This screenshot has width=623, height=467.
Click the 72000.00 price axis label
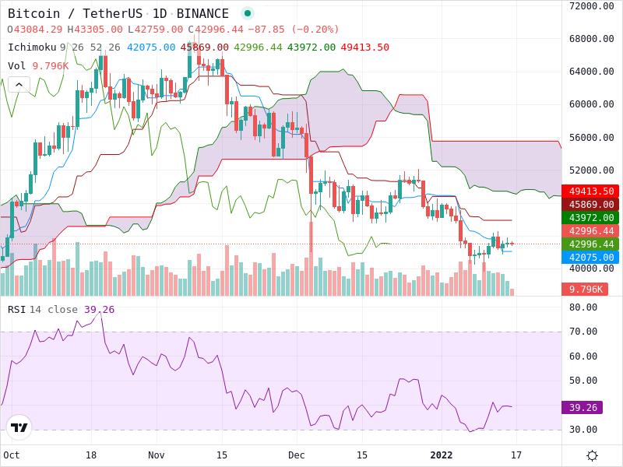(592, 6)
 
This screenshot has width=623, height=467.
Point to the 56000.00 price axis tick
(592, 138)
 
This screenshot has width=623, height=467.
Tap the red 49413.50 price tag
(591, 191)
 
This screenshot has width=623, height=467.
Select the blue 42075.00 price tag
(591, 258)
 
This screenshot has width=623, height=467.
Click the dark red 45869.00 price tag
(591, 205)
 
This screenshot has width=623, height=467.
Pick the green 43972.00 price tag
(591, 218)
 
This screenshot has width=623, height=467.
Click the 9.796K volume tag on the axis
(585, 290)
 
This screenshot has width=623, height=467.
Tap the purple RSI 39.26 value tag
(582, 407)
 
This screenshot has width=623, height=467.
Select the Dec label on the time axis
(297, 455)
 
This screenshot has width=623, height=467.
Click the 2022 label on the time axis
(441, 455)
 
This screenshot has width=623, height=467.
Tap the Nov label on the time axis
(157, 455)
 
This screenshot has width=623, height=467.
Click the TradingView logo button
(19, 427)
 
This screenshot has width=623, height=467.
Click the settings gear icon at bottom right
(592, 455)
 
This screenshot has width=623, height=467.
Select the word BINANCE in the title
(202, 14)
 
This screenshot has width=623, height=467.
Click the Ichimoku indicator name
(32, 47)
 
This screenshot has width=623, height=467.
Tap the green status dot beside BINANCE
(248, 13)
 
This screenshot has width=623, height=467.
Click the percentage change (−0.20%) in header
(314, 30)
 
